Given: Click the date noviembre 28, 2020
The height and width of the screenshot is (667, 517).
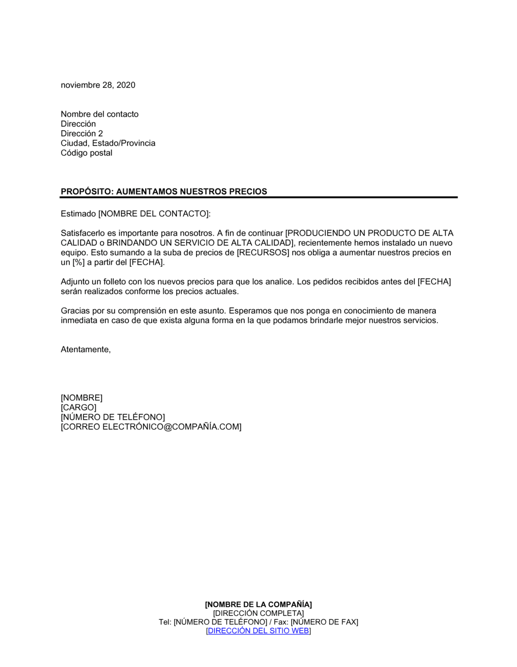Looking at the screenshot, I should (98, 85).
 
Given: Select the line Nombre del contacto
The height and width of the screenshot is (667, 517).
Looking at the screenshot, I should (99, 114).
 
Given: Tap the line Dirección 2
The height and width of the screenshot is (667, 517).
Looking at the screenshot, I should (82, 133).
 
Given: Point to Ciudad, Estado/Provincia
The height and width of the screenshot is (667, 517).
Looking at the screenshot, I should (108, 143).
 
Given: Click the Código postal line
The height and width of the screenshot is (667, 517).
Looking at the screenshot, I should (86, 153).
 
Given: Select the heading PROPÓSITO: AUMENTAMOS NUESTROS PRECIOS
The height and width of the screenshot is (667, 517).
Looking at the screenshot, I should (164, 191).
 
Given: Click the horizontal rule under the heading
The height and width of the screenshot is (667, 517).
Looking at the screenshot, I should (258, 198).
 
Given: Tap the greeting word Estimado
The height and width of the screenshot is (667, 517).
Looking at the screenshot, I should (78, 214).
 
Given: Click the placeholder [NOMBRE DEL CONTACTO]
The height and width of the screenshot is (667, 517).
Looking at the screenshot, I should (154, 214).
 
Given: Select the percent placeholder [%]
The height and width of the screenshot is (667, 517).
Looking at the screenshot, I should (77, 263).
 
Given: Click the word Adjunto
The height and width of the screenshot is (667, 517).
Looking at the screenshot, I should (75, 282).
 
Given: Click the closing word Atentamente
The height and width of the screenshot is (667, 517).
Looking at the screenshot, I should (85, 350).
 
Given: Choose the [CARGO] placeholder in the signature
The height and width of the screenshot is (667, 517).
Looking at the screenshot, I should (78, 407).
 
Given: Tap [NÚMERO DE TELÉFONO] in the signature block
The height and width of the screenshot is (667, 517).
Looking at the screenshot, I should (113, 417).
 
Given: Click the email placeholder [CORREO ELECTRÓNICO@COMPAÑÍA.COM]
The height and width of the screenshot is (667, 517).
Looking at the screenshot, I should (151, 427).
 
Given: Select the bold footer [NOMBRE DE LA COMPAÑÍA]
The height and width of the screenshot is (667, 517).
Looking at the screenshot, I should (258, 604).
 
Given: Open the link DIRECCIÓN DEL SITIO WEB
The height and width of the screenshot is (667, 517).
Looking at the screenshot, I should (258, 631).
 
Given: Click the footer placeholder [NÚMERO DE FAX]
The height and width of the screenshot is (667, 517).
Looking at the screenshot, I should (324, 622).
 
